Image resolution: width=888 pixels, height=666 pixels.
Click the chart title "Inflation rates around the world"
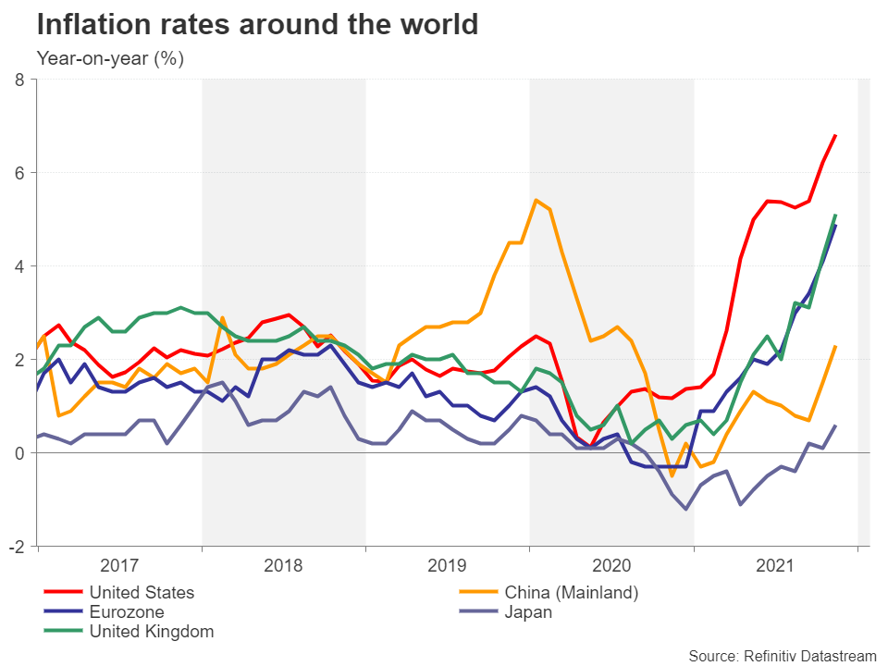[257, 24]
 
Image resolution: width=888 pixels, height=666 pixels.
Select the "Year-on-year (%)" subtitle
[110, 59]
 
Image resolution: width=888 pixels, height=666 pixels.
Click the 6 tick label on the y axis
[19, 173]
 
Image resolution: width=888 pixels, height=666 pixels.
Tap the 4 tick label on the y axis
[19, 266]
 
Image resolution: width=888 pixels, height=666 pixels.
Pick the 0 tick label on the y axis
[19, 453]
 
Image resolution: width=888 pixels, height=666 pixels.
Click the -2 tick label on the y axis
[17, 547]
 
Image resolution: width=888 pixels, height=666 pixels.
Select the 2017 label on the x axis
[119, 564]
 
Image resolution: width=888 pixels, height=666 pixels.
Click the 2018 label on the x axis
[283, 564]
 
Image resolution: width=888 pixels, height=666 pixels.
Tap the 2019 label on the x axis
[448, 564]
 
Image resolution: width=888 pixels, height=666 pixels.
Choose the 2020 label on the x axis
[611, 564]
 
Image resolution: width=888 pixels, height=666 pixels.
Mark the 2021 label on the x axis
[775, 564]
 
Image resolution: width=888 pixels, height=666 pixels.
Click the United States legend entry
[142, 592]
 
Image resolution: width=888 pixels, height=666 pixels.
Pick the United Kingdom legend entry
[151, 633]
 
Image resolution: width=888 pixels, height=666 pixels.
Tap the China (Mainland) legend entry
[571, 592]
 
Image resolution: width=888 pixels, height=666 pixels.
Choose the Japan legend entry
[528, 612]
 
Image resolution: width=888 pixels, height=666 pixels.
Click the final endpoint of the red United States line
[836, 135]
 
